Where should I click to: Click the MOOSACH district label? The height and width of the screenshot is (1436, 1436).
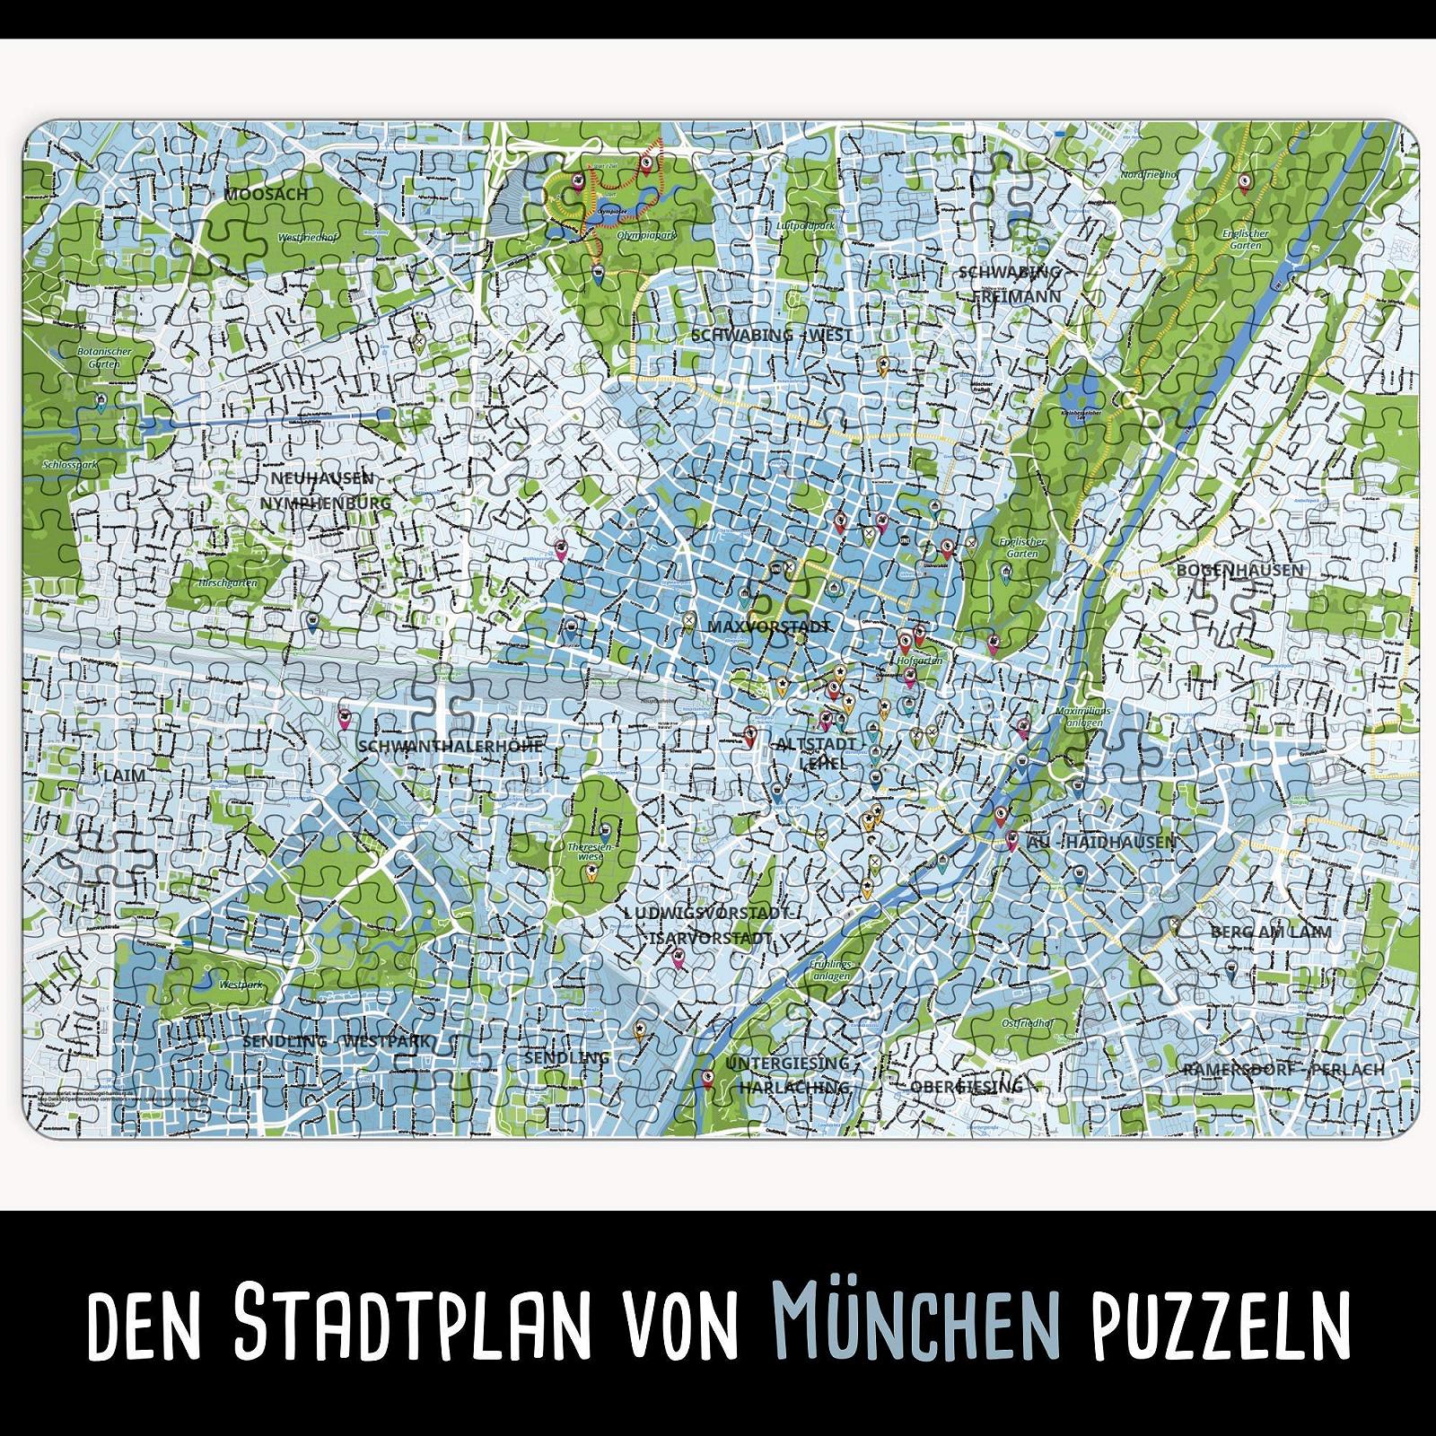[266, 194]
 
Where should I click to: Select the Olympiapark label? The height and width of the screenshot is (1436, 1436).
[645, 234]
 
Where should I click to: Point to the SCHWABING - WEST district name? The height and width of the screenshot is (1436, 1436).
[771, 335]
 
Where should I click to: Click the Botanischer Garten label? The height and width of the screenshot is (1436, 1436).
[104, 358]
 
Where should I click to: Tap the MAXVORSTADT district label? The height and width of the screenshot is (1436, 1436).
[768, 626]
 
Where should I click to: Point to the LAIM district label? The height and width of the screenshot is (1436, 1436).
[124, 775]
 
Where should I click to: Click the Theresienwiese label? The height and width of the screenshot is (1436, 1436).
[590, 852]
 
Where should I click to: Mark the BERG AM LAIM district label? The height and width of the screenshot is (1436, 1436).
[1271, 932]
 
